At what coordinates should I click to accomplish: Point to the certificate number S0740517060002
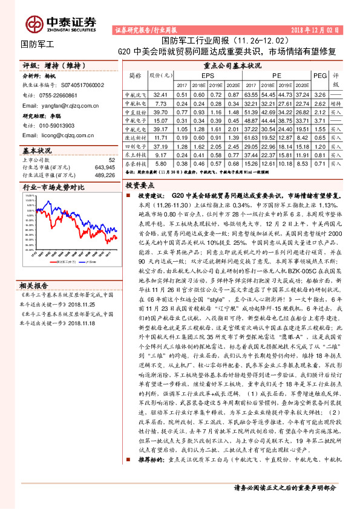pyautogui.click(x=78, y=86)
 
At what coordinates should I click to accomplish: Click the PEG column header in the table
pyautogui.click(x=319, y=76)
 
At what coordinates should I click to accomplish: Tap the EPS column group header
pyautogui.click(x=208, y=76)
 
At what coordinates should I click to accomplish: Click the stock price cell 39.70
pyautogui.click(x=160, y=112)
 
